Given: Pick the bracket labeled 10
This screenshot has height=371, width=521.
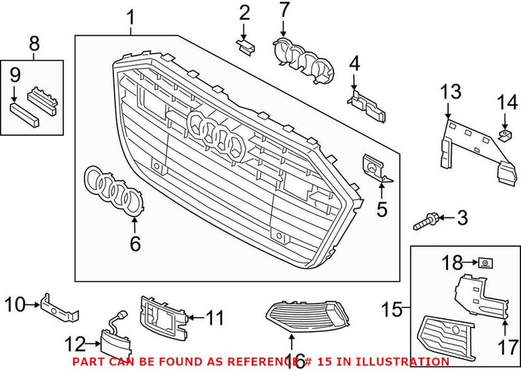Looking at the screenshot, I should tap(58, 307).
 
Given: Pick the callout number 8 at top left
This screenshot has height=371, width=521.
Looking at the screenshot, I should tap(34, 44).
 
